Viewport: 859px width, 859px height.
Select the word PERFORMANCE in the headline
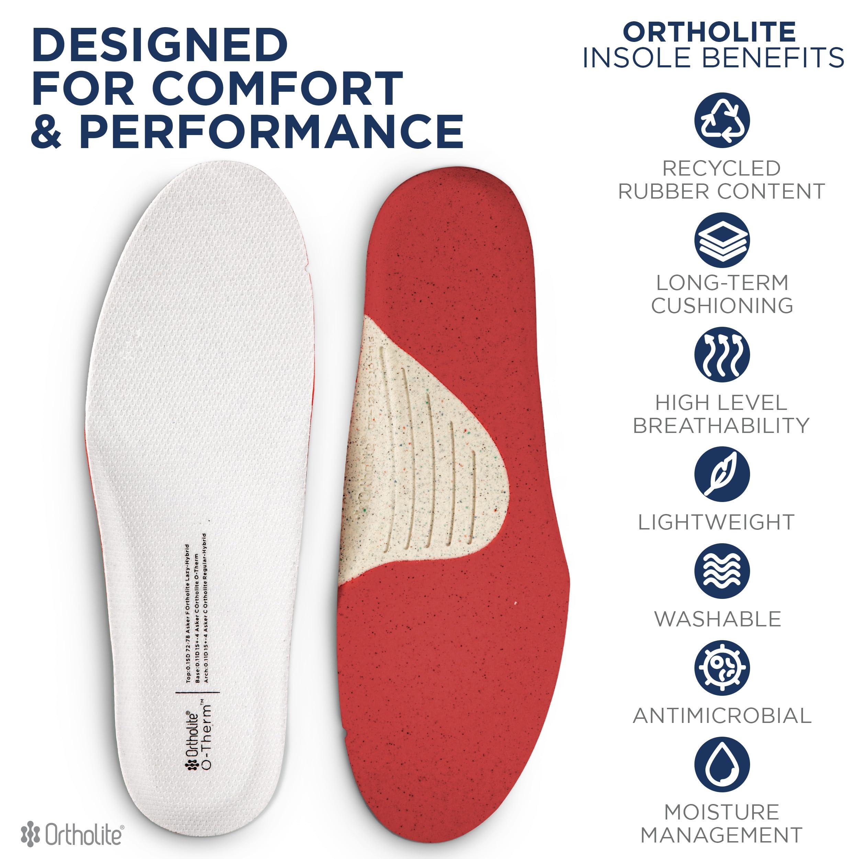click(272, 131)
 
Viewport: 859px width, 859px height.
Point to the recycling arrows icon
click(722, 121)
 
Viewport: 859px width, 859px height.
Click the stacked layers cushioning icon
click(722, 240)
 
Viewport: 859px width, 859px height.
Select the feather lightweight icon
click(722, 475)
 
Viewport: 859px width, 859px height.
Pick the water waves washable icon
click(722, 571)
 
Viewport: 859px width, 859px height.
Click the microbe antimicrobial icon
click(722, 668)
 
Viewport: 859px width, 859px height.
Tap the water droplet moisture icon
click(722, 765)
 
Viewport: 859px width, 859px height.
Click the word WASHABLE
click(718, 619)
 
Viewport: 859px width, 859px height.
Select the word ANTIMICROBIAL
click(722, 715)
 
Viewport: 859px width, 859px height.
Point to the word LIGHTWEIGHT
click(716, 522)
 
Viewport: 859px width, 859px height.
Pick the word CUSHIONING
click(722, 305)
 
